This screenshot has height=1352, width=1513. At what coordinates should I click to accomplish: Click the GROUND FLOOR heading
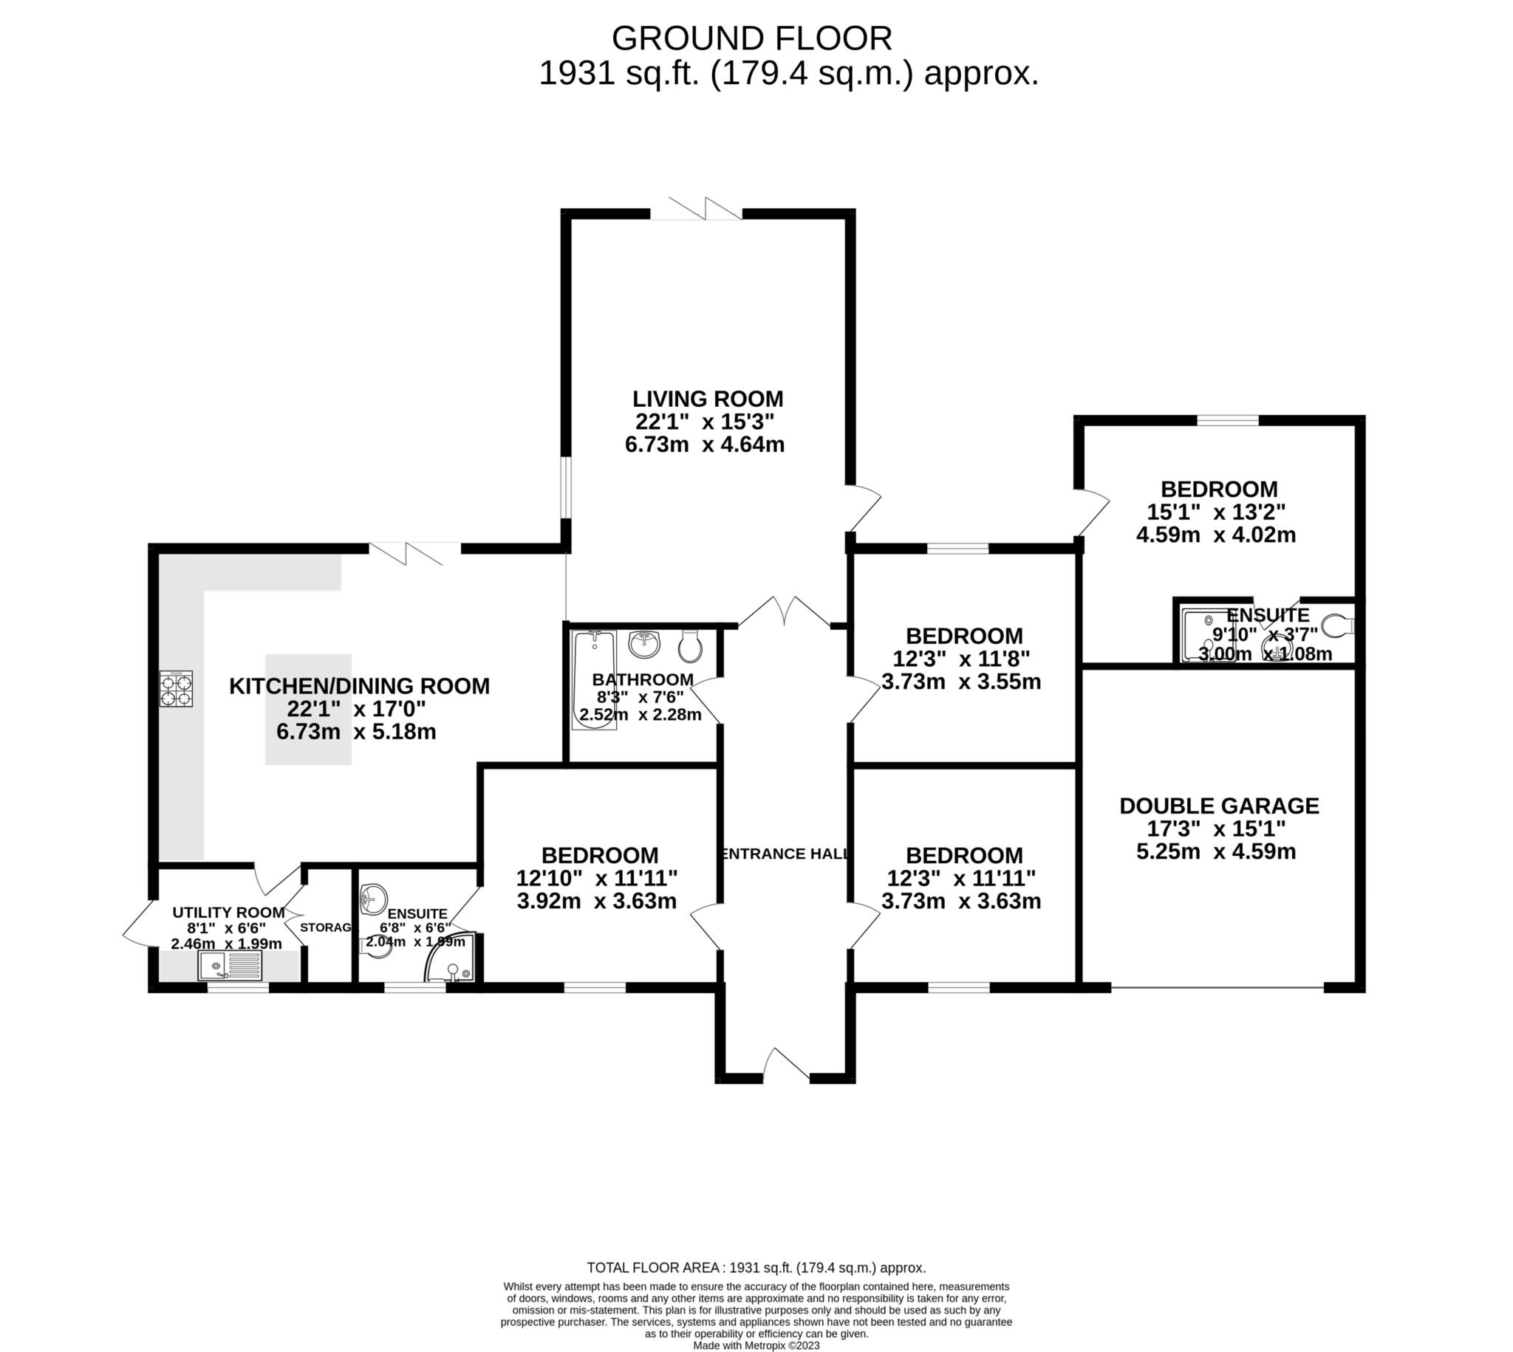(x=751, y=38)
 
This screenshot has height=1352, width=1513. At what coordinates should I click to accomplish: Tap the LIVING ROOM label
(x=708, y=399)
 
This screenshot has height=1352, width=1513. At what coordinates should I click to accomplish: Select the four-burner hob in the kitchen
(x=176, y=688)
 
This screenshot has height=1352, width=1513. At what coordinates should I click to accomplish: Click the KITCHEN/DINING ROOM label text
(x=359, y=686)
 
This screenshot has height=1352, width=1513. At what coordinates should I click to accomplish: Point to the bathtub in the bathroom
(x=594, y=679)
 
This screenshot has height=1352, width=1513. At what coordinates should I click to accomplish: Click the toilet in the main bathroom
(x=689, y=647)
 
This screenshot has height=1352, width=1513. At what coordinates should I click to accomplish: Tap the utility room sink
(x=230, y=967)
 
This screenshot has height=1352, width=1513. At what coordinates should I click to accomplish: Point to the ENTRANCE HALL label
(x=784, y=854)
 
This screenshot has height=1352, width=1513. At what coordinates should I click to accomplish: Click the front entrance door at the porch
(x=786, y=1064)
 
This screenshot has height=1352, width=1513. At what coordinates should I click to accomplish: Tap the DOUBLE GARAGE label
(x=1219, y=806)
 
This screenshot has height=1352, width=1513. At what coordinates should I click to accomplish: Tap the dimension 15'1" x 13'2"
(x=1216, y=512)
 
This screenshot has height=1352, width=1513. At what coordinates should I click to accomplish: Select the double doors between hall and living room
(x=784, y=613)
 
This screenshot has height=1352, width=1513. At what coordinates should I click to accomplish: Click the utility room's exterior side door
(x=137, y=923)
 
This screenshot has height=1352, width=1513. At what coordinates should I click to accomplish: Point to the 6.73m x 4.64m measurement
(x=705, y=445)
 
